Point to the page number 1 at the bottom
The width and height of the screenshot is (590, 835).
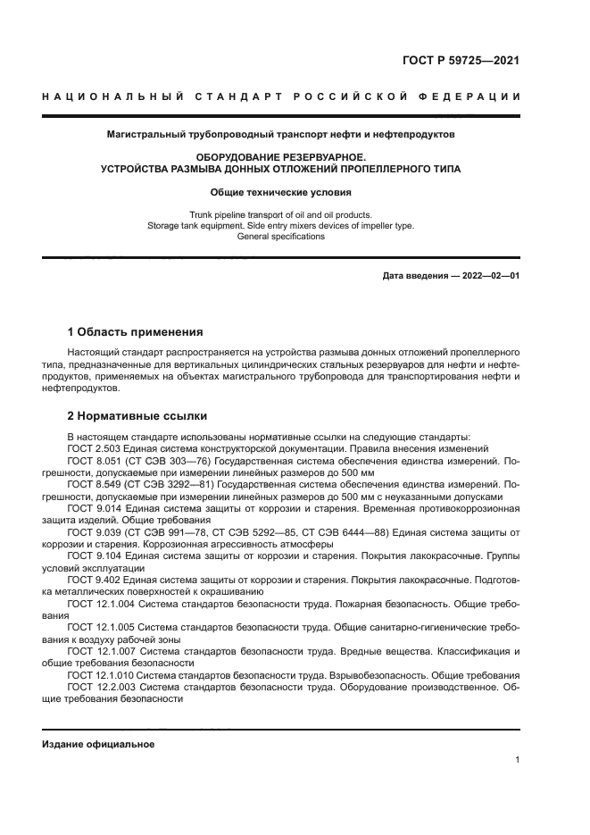(517, 760)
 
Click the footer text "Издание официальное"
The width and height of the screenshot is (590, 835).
(98, 744)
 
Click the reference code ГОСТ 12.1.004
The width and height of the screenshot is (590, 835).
(98, 604)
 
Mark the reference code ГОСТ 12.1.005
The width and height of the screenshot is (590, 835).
(98, 628)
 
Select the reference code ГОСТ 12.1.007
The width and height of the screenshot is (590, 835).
(98, 652)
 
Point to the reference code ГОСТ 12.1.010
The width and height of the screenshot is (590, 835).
(98, 675)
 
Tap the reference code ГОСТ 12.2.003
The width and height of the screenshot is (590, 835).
(98, 688)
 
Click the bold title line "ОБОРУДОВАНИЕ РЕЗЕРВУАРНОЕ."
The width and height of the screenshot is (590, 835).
(281, 155)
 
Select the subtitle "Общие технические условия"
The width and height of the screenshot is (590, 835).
(281, 192)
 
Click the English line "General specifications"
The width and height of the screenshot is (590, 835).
(281, 237)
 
